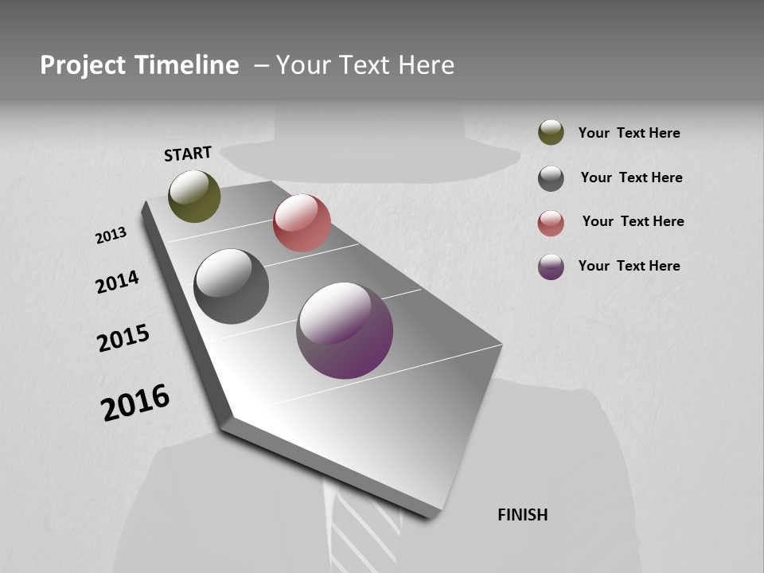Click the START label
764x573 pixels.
188,154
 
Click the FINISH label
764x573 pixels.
522,515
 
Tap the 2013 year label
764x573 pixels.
111,236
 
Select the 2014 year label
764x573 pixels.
117,282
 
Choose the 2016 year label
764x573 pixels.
135,403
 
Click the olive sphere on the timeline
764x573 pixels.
194,196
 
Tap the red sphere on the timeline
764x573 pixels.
302,223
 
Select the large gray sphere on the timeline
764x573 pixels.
231,286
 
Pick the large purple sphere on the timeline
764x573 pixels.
345,330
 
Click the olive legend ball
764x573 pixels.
551,132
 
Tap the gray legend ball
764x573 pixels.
551,178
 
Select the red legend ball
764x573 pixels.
551,223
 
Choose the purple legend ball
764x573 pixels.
551,267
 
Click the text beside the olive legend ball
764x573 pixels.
629,133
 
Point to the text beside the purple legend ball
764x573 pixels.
629,266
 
